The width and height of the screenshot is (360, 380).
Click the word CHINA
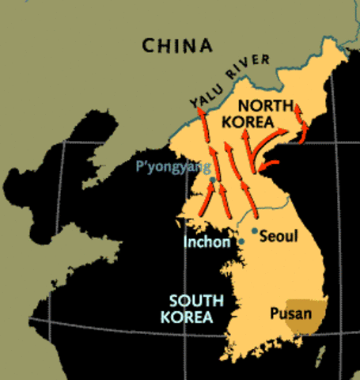pyautogui.click(x=178, y=45)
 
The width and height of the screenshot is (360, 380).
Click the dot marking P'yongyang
pyautogui.click(x=212, y=180)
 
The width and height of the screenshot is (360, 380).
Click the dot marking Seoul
pyautogui.click(x=254, y=230)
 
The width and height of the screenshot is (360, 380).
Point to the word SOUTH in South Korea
pyautogui.click(x=197, y=301)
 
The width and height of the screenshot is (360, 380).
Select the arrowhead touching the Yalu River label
pyautogui.click(x=200, y=112)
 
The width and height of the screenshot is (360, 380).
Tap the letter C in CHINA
pyautogui.click(x=149, y=45)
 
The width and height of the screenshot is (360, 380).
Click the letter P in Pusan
pyautogui.click(x=273, y=312)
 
